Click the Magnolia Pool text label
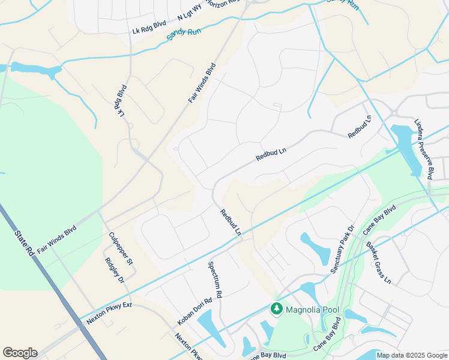[312, 310]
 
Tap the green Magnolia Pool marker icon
[277, 309]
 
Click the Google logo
[20, 353]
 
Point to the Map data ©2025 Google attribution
[411, 355]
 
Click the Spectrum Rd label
[215, 280]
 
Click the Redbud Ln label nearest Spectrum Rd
[231, 221]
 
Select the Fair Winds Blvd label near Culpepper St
[56, 239]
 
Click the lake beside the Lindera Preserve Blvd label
[406, 148]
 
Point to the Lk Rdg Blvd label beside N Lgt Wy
[149, 28]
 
